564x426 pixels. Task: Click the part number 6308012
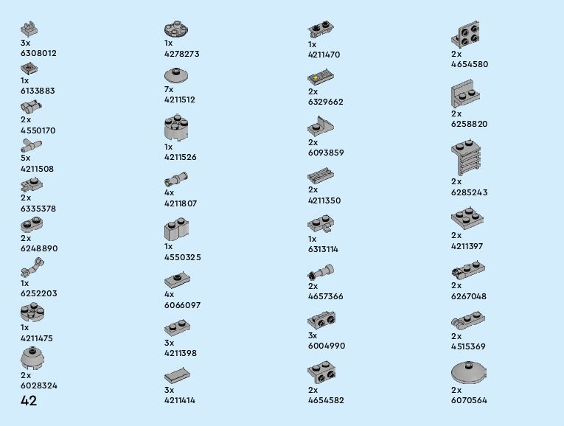pos(38,53)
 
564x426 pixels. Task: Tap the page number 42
pos(29,401)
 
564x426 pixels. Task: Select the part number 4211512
pos(180,99)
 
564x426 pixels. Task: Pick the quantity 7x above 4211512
pos(169,89)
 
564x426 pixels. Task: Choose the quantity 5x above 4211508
pos(26,158)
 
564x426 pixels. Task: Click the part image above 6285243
pos(466,158)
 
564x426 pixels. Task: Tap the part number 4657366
pos(326,296)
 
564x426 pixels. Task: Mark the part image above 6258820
pos(466,94)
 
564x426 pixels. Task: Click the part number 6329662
pos(326,102)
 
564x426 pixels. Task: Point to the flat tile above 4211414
pos(177,375)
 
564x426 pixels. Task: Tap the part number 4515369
pos(469,346)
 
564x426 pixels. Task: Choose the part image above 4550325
pos(176,230)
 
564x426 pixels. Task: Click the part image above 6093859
pos(321,126)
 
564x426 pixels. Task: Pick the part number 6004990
pos(327,346)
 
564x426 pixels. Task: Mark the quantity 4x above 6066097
pos(169,294)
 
